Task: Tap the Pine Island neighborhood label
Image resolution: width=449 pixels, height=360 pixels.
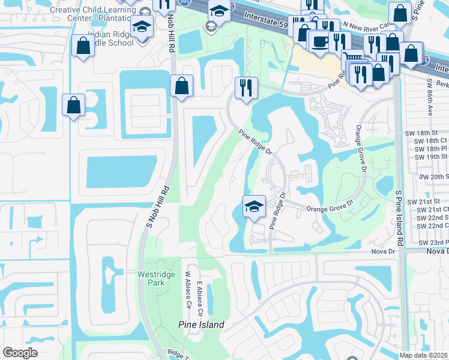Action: (x=201, y=325)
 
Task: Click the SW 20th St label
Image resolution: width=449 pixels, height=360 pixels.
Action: (x=436, y=176)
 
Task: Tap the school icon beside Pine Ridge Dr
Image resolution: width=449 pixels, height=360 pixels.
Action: (x=254, y=207)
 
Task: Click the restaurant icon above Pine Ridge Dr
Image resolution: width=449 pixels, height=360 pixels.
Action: (x=246, y=88)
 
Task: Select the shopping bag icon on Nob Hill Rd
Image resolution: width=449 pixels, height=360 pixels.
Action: (x=181, y=86)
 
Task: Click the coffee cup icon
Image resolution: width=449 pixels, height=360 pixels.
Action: (x=319, y=42)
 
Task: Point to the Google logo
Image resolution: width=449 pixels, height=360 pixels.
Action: (x=20, y=353)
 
